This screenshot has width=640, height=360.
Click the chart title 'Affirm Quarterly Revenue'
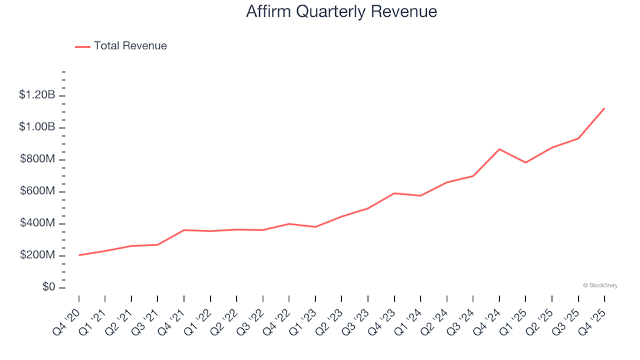341,12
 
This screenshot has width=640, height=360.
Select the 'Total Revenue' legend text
130,46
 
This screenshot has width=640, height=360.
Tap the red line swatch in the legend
83,47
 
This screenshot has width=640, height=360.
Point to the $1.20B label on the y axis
38,95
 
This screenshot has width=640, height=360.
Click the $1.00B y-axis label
38,127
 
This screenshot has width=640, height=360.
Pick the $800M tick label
38,159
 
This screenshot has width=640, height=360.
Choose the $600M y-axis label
38,191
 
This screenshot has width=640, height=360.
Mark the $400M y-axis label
38,223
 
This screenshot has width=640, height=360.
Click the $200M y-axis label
38,255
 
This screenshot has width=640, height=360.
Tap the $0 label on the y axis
48,287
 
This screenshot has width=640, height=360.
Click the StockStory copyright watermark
600,285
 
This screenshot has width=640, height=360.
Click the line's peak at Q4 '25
604,108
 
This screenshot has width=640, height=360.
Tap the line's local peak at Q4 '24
499,149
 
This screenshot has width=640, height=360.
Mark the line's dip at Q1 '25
525,163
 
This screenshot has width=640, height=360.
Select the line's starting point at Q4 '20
79,255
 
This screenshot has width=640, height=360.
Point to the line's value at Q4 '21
184,230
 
